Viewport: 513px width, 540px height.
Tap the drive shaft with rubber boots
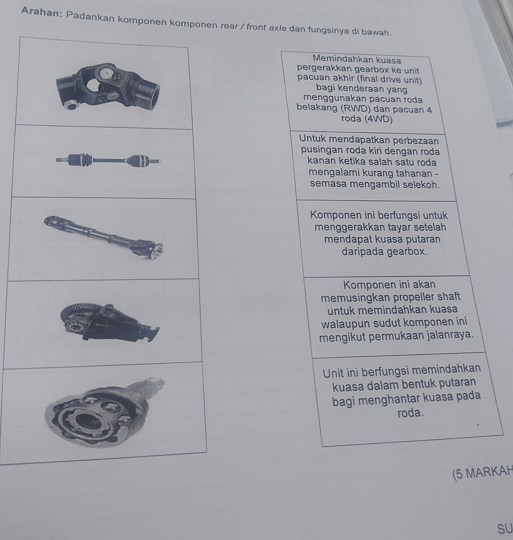(x=108, y=160)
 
